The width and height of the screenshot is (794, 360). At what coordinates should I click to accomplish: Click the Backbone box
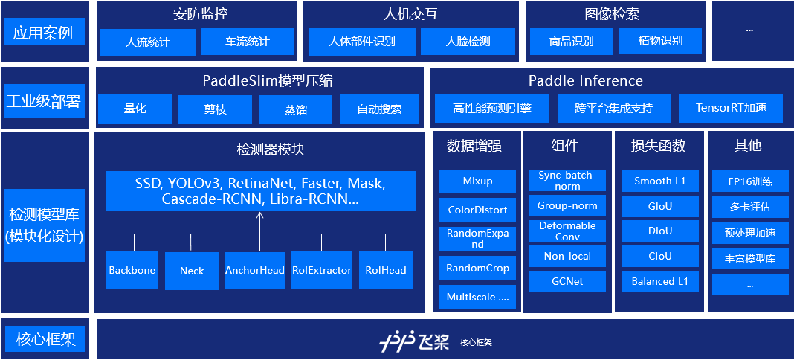point(132,270)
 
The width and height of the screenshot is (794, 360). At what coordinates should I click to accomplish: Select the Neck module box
point(192,270)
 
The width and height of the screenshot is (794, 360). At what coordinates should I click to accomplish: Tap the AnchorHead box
point(255,270)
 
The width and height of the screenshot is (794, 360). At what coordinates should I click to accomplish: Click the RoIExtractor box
point(321,270)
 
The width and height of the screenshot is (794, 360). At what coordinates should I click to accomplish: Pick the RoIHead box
point(386,270)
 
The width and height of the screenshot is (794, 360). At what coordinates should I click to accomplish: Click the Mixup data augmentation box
point(477,181)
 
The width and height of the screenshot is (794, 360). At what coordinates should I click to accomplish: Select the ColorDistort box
point(477,210)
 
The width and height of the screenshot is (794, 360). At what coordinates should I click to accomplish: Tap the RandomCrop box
point(477,268)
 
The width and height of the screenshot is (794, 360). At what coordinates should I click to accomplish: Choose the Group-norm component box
point(567,205)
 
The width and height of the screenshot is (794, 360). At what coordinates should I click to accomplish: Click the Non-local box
point(567,256)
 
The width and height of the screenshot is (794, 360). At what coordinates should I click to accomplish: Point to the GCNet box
point(567,281)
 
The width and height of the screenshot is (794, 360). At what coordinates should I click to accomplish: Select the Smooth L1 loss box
point(660,181)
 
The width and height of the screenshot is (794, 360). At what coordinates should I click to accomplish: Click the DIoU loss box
point(660,231)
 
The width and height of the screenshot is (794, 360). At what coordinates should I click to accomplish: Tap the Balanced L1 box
point(660,281)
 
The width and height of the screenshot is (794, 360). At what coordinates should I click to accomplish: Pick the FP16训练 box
point(751,181)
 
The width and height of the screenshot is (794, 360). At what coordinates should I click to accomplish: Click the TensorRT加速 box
point(730,108)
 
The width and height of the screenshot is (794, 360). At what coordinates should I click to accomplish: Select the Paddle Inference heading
point(585,80)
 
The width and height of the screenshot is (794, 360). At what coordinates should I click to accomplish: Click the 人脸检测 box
point(468,42)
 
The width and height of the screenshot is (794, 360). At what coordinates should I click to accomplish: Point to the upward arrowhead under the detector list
point(259,216)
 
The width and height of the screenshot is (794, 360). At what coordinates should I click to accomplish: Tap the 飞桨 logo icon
point(395,342)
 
